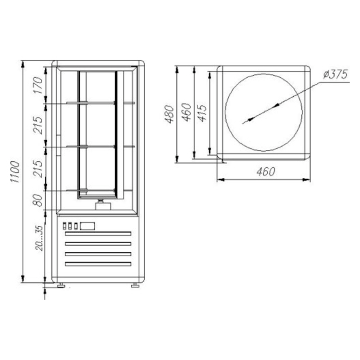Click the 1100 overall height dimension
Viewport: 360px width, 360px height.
[x=15, y=172]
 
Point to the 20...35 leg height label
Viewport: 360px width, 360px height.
[x=39, y=238]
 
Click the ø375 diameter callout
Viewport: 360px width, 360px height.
[x=335, y=74]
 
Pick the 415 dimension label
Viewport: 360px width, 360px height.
[x=202, y=113]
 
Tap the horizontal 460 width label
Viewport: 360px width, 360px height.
[x=265, y=172]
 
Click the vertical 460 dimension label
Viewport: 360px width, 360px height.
[x=186, y=112]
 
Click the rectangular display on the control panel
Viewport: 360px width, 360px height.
[x=87, y=226]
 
